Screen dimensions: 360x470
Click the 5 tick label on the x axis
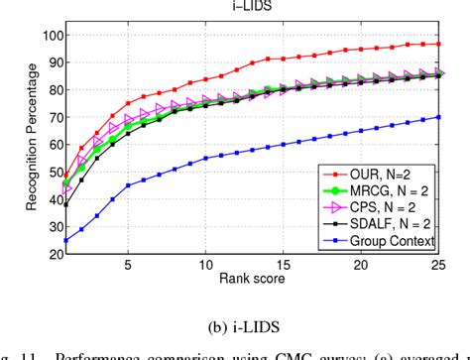pyautogui.click(x=128, y=266)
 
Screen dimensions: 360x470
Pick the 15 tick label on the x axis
pyautogui.click(x=285, y=266)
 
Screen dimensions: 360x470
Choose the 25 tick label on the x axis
pyautogui.click(x=439, y=266)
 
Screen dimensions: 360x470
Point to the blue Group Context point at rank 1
pyautogui.click(x=65, y=240)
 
